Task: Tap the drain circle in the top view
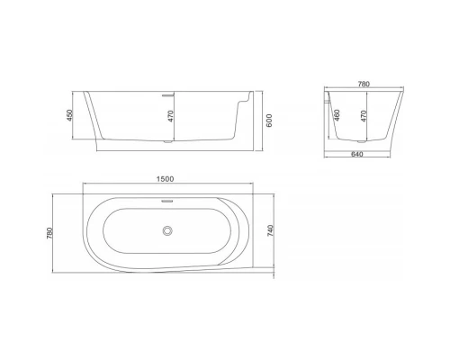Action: pos(166,233)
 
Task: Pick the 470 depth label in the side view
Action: pos(169,117)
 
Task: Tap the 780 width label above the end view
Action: pos(364,84)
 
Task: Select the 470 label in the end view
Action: pos(363,117)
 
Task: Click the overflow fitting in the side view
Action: pos(166,92)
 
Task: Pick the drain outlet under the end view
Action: pos(364,140)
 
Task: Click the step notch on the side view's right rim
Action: pos(241,102)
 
